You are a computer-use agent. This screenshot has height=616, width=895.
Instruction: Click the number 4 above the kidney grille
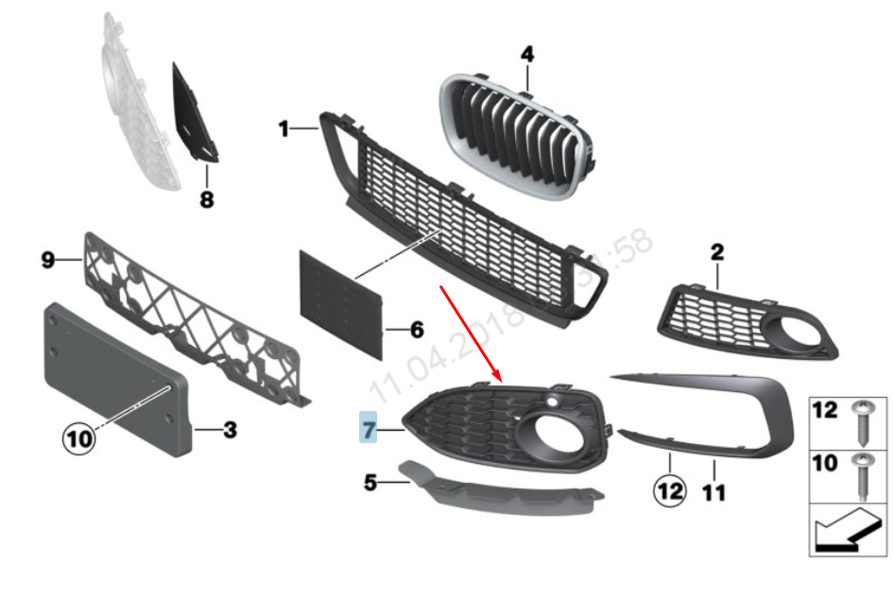526,55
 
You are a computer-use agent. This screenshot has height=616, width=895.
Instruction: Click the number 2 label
716,252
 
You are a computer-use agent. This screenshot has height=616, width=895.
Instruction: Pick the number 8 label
207,199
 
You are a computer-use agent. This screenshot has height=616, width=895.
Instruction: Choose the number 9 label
48,260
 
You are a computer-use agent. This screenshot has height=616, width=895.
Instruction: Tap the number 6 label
416,331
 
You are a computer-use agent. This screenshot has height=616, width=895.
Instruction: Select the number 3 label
230,431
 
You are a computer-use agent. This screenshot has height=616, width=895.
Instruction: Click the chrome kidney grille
515,137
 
